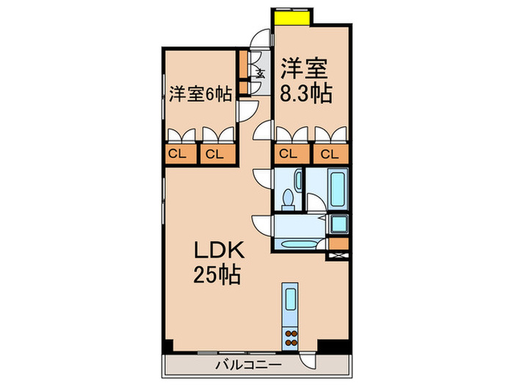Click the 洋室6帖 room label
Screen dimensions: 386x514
[x=200, y=94]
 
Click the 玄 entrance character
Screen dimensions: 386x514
[x=260, y=72]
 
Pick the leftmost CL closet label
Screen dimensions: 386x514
[x=176, y=154]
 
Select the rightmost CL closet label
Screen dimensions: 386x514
[x=329, y=154]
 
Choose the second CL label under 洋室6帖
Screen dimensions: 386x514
[x=214, y=154]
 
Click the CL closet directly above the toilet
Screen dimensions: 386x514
[x=289, y=154]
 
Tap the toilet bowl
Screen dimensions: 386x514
[x=288, y=198]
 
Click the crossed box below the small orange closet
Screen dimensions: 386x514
[x=339, y=254]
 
